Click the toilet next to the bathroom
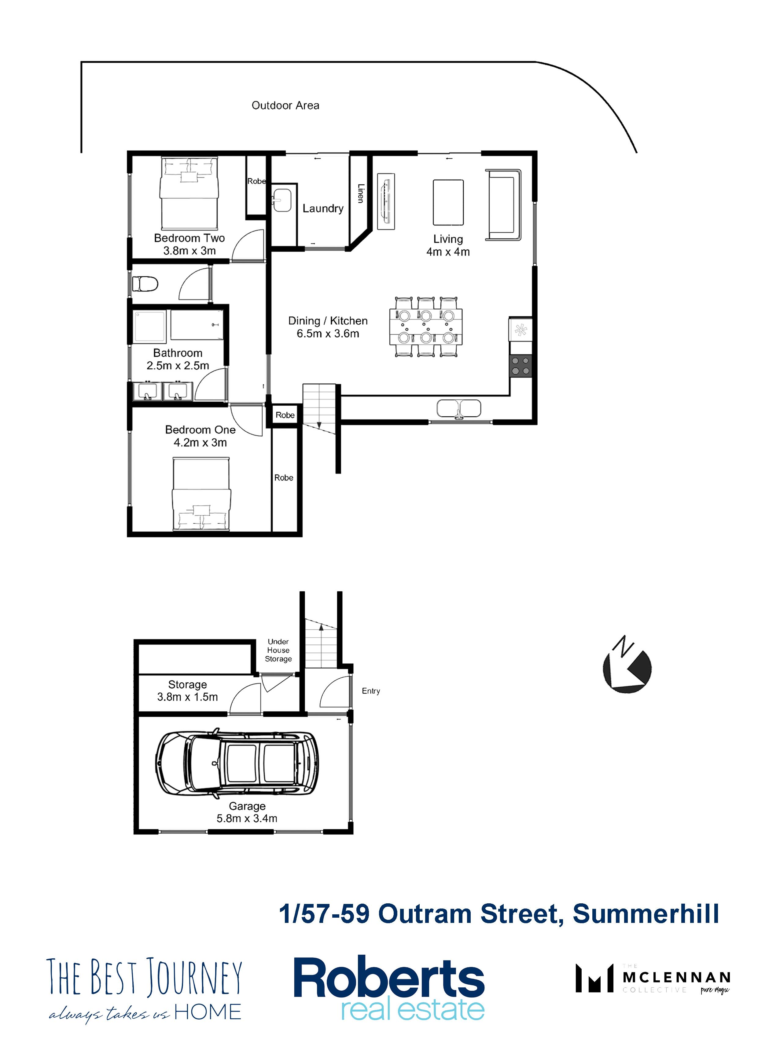point(145,283)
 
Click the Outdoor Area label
point(285,105)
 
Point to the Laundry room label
point(323,209)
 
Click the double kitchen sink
point(459,408)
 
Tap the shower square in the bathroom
point(149,327)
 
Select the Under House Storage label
point(278,650)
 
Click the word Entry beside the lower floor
point(371,691)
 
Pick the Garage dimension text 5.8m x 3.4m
point(247,818)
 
